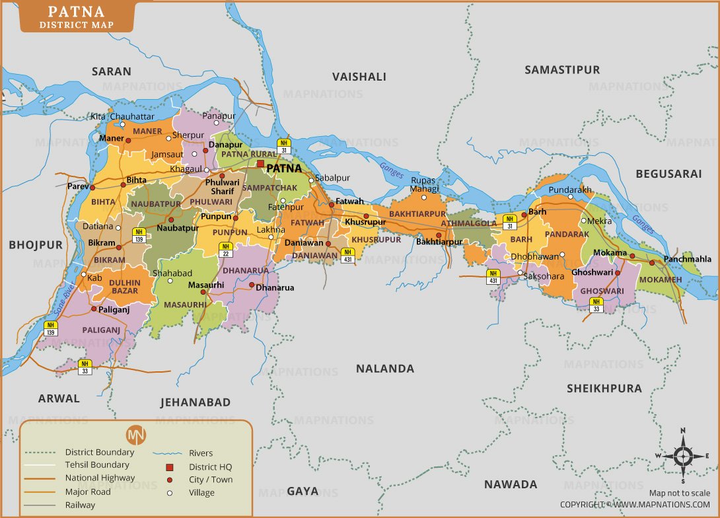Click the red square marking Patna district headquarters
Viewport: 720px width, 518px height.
[260, 163]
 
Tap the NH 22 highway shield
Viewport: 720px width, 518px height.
[225, 250]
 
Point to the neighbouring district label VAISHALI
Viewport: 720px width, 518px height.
[359, 77]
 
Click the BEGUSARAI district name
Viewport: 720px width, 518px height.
[668, 174]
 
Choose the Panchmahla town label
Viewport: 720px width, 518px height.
[688, 259]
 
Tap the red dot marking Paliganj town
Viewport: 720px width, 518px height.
[94, 309]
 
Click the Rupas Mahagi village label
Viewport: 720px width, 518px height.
[423, 184]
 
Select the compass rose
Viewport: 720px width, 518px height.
[683, 456]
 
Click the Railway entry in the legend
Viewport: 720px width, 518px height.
[80, 505]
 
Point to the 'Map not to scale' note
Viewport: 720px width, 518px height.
[679, 493]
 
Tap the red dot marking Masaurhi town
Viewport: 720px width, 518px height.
[203, 292]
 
